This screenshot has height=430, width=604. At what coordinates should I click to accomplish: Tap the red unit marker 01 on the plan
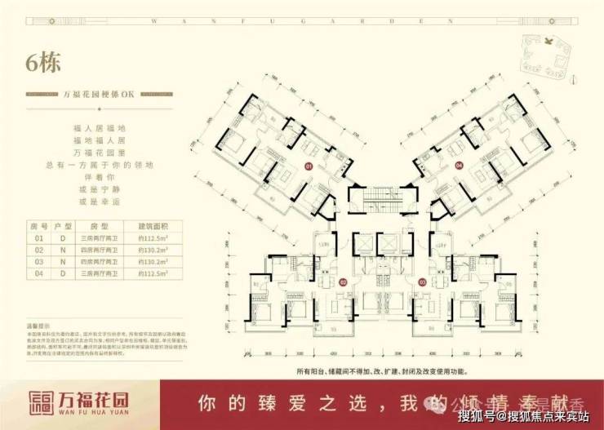coord(309,166)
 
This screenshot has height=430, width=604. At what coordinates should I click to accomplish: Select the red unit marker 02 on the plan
coord(343,283)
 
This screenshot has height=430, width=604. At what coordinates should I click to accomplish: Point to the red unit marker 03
coord(423,283)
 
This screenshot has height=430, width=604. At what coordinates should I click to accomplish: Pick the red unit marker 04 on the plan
coord(459,166)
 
